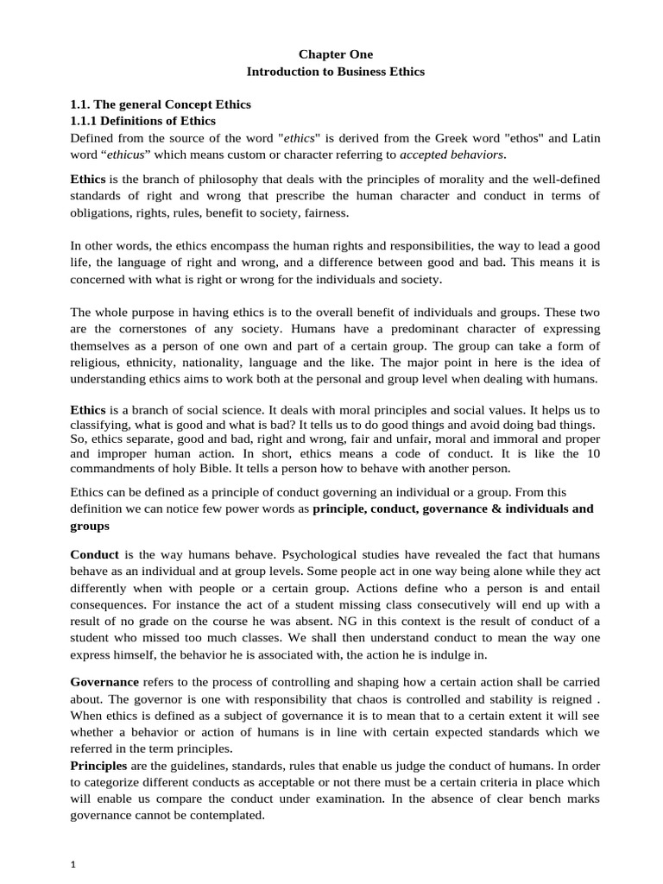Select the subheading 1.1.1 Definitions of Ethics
[x=142, y=121]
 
